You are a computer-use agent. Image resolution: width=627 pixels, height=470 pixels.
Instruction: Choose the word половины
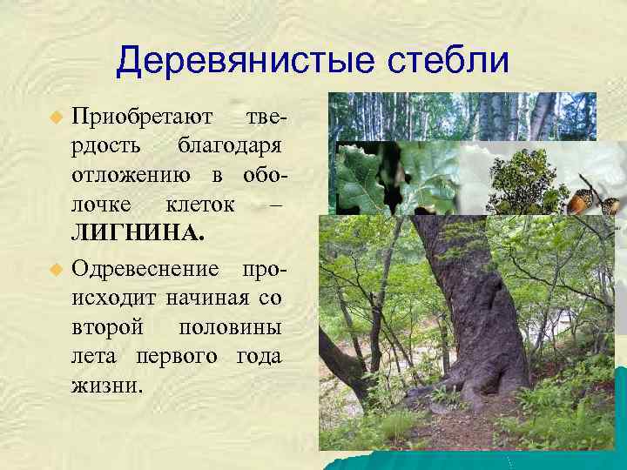[x=229, y=328]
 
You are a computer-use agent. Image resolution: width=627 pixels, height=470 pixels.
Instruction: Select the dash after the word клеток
[x=275, y=205]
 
